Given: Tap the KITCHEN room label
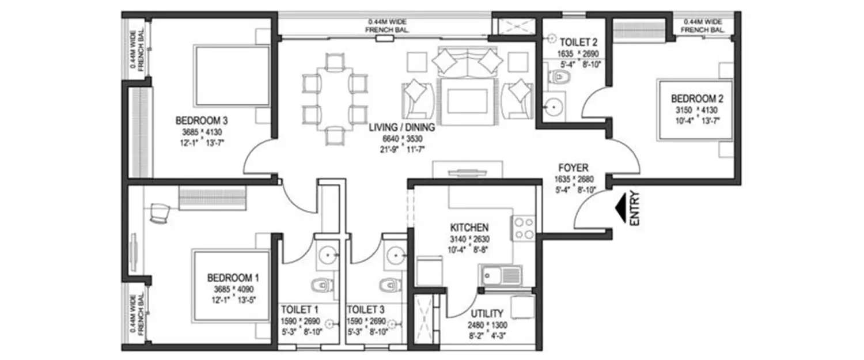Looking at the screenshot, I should point(469,227).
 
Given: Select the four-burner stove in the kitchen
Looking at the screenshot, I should point(523,228).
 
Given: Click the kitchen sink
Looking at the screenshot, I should point(501,276).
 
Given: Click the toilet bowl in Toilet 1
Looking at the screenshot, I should point(319,285).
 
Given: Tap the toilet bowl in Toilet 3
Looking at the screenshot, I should point(387,285).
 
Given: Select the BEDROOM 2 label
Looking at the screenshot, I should point(691,98).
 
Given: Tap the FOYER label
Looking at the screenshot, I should point(573,168).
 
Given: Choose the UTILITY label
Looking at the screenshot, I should point(487,314).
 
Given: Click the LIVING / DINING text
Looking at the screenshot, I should point(402,127).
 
